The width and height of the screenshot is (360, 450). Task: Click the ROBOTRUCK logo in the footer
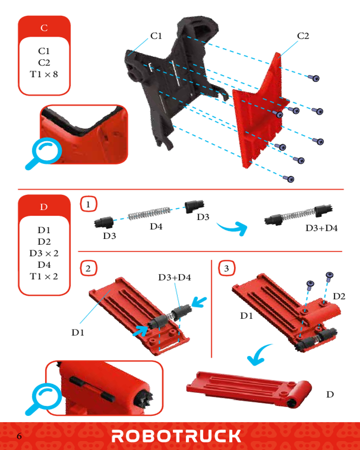176,436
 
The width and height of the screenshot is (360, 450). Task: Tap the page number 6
19,436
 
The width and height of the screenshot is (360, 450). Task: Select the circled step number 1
88,204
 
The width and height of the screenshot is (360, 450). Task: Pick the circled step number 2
88,268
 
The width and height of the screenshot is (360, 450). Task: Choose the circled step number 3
227,268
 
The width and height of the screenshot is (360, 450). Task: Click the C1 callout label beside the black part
156,36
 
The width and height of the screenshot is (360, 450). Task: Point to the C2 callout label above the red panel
303,36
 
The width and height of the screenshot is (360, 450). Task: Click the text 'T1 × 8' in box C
44,74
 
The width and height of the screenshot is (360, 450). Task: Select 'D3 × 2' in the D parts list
44,253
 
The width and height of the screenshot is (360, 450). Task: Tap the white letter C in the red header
44,28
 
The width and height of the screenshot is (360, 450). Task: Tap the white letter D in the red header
44,207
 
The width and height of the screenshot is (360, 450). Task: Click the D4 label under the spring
156,226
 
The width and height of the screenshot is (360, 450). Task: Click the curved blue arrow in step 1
233,228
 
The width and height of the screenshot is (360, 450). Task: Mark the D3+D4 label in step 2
175,277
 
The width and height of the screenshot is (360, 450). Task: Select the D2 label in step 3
339,296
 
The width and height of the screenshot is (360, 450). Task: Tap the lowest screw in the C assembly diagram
289,179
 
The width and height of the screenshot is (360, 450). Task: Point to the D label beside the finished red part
330,394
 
